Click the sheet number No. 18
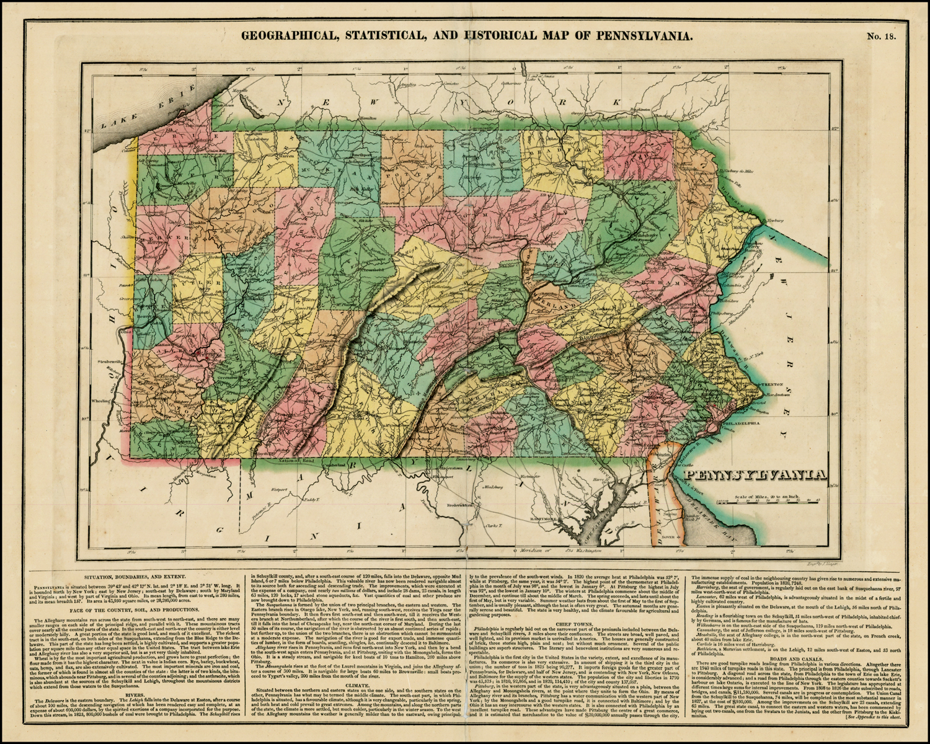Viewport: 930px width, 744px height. pos(881,36)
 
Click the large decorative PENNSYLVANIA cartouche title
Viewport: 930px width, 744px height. pos(755,476)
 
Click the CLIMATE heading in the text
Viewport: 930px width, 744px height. pos(360,686)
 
